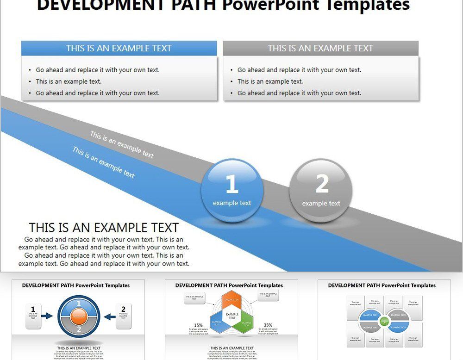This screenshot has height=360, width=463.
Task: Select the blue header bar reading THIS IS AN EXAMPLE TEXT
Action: pos(119,48)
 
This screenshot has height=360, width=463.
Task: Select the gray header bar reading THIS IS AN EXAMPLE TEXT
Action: pos(320,48)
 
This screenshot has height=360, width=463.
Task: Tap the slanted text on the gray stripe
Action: pos(122,145)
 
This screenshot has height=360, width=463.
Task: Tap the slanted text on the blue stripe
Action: pos(104,162)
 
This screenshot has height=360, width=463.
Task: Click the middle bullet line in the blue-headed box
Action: pos(69,81)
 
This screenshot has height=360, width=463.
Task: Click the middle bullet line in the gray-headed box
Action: pos(270,81)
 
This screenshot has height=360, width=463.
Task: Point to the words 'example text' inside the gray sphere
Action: pos(321,204)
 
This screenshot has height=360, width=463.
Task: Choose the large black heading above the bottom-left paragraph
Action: pos(104,228)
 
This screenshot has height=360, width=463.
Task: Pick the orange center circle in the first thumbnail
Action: pos(79,317)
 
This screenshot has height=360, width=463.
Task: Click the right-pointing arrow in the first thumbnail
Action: pos(47,317)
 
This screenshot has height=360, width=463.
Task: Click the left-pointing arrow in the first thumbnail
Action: pos(110,317)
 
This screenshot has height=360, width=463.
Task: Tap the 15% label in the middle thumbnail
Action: pos(198,325)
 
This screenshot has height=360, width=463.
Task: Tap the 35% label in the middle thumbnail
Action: pos(268,325)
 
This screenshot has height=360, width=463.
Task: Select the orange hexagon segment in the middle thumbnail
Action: pos(232,300)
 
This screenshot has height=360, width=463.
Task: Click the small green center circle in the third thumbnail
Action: pos(384,321)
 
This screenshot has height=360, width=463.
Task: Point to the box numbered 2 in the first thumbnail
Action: pos(123,316)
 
